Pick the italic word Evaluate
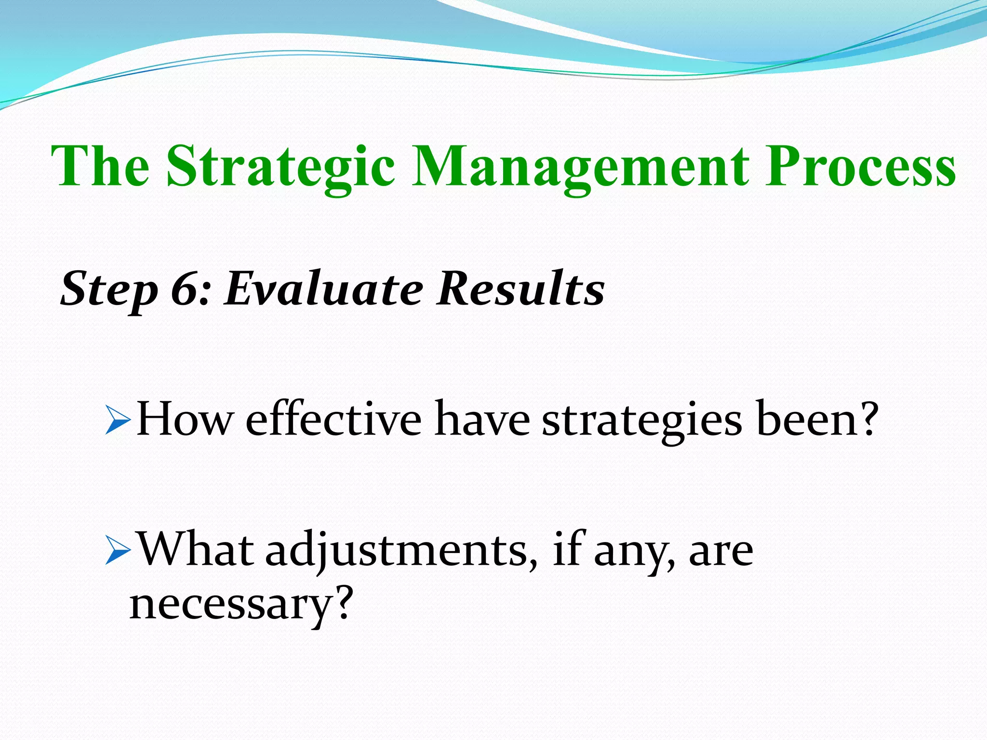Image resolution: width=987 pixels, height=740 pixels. pyautogui.click(x=324, y=289)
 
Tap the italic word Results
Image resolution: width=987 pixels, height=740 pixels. pyautogui.click(x=520, y=289)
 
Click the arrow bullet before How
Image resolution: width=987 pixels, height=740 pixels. pyautogui.click(x=117, y=420)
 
